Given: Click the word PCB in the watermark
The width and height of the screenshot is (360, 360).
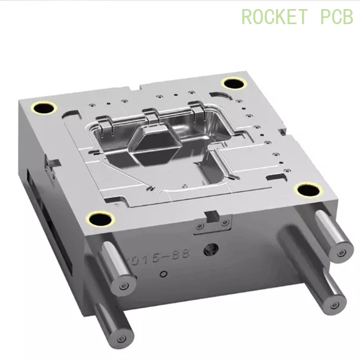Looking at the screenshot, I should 336,16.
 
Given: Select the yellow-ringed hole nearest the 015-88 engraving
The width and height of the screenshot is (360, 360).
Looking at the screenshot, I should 100,219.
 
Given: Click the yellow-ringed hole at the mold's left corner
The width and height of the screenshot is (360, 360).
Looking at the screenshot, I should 43,108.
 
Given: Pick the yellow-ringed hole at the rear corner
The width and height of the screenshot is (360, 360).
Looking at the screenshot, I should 232,83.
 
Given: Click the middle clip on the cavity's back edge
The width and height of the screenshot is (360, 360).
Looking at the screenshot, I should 149,112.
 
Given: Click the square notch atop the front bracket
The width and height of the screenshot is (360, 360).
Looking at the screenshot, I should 213,214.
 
